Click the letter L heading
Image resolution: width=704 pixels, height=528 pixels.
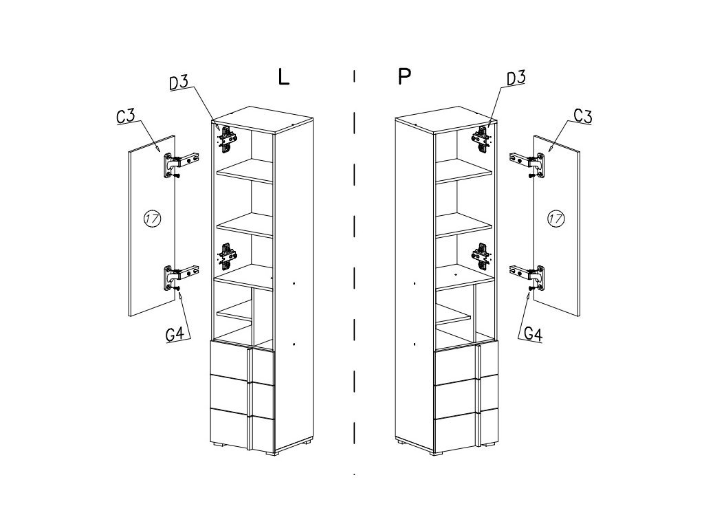(x=283, y=76)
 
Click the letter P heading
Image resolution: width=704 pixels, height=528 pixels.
(x=404, y=76)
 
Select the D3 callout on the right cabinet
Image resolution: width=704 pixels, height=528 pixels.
(x=516, y=78)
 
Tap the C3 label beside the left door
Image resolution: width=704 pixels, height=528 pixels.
(x=126, y=115)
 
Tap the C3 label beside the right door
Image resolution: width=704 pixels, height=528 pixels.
(x=582, y=115)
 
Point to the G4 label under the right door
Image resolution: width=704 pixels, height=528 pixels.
(x=533, y=334)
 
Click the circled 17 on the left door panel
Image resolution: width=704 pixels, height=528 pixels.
(x=152, y=219)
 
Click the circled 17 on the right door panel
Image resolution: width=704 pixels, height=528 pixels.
(x=555, y=219)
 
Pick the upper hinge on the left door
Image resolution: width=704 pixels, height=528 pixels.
(x=179, y=164)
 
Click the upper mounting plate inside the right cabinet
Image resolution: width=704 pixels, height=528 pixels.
(x=481, y=138)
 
